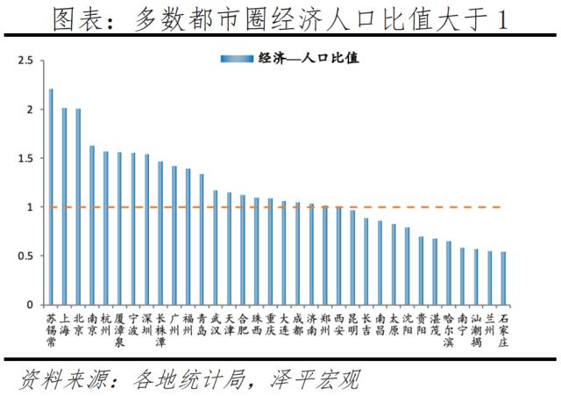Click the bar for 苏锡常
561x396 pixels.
51,197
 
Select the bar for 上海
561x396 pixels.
64,206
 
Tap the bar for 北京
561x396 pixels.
78,206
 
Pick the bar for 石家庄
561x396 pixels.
503,278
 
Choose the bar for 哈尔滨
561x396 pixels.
449,273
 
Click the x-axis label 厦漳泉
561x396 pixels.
119,329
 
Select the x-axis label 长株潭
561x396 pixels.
160,329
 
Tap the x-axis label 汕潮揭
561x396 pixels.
476,329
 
